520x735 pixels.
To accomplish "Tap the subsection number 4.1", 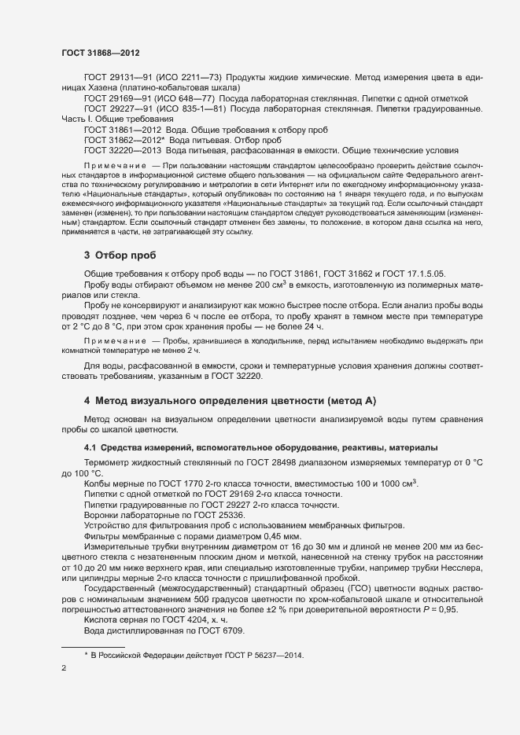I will [x=90, y=447].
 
